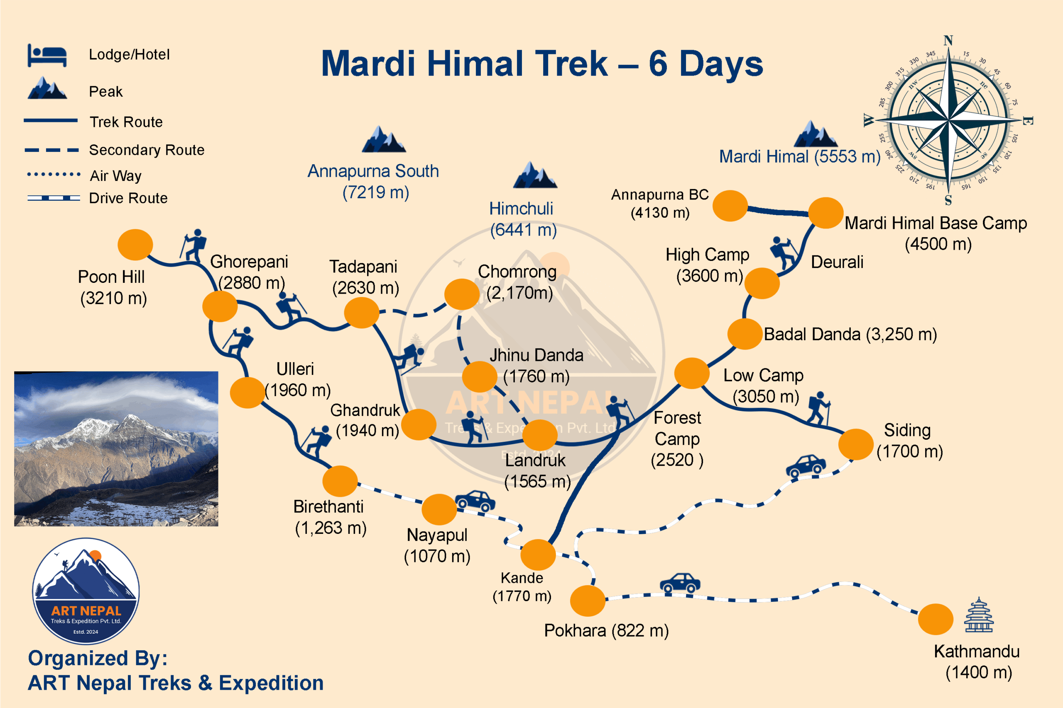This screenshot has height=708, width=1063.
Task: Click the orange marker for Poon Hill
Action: point(135,245)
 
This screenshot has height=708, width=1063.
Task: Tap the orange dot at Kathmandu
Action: point(936,619)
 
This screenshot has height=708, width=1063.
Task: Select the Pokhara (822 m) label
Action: point(606,630)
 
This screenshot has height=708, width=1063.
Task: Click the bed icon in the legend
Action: point(47,55)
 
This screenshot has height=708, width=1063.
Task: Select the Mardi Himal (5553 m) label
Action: point(799,157)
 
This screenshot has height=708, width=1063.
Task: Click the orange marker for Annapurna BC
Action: point(730,206)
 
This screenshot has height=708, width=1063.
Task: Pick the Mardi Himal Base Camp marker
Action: point(826,213)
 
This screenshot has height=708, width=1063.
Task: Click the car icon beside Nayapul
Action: point(475,501)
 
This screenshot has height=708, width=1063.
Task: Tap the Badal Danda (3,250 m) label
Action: point(850,334)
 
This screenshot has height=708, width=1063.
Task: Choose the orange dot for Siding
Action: point(855,444)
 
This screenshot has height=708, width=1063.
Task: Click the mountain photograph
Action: point(116,448)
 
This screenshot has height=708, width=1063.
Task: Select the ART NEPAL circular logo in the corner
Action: point(86,591)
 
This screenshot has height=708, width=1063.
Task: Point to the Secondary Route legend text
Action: point(147,150)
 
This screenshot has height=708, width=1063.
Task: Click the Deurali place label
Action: point(837,262)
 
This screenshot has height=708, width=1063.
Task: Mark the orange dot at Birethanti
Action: point(340,481)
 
